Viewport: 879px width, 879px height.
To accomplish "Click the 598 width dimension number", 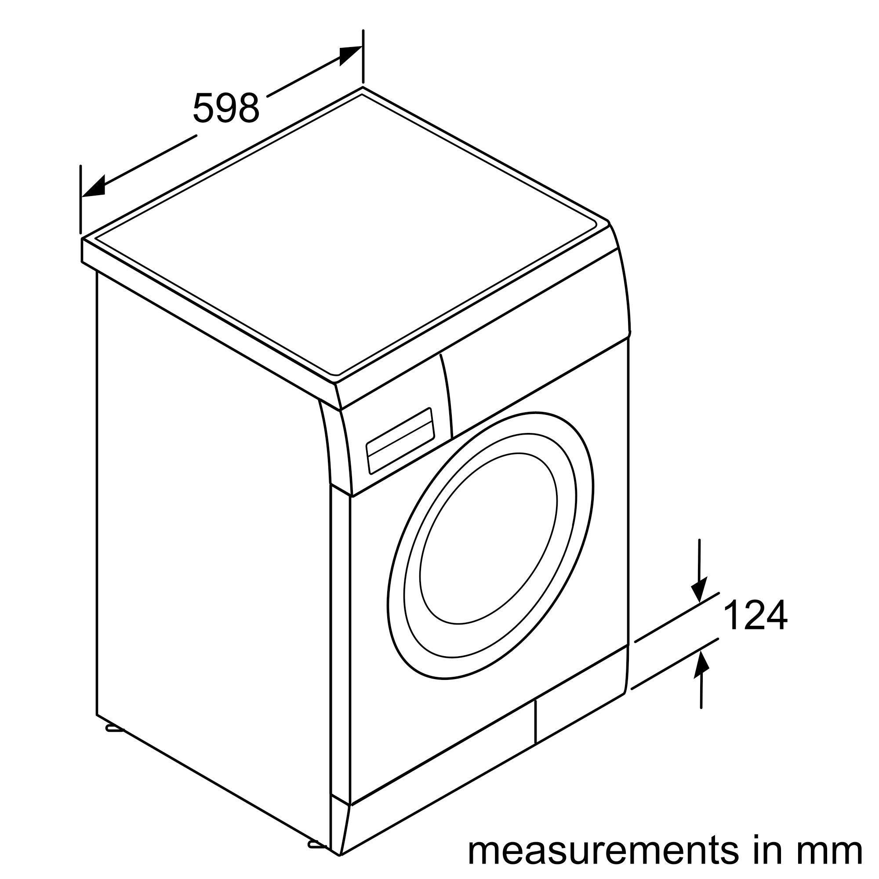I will click(x=225, y=108).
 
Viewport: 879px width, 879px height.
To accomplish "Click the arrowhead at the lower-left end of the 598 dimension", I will click(x=93, y=187).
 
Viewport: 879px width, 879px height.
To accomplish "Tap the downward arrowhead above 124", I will click(x=699, y=590).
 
